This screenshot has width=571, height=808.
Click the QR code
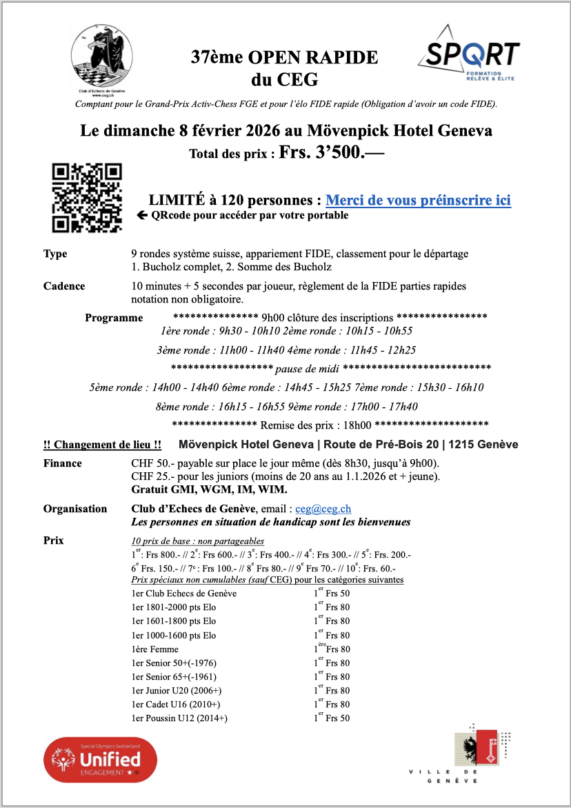click(87, 199)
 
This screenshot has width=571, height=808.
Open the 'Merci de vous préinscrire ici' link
click(418, 201)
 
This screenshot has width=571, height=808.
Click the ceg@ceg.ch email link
click(323, 509)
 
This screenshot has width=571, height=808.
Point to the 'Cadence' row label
click(64, 286)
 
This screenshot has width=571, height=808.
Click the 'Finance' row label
click(62, 463)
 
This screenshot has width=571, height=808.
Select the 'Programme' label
click(114, 318)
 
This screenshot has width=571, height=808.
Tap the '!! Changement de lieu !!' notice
click(103, 445)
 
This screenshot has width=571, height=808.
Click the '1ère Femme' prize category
click(154, 649)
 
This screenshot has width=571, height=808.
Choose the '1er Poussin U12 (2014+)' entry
click(179, 718)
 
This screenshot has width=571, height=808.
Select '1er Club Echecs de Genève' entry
click(183, 594)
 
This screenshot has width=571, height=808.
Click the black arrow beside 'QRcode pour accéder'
click(143, 215)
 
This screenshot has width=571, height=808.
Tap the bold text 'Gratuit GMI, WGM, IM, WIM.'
click(209, 489)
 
